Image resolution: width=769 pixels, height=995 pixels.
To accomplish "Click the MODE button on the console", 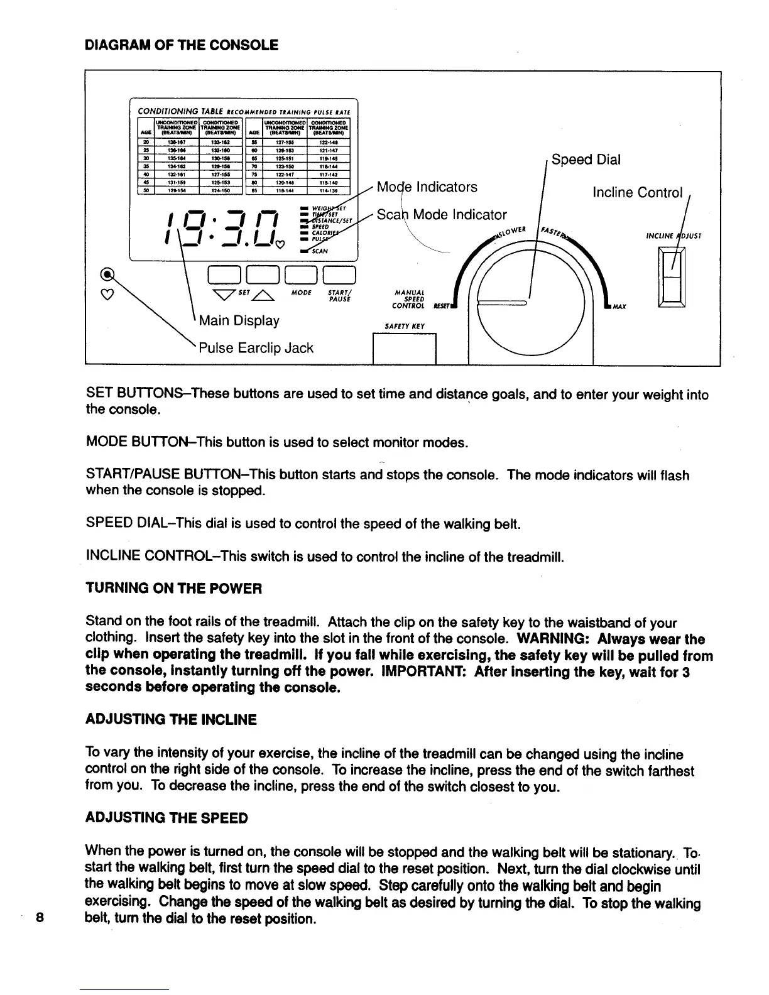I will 303,275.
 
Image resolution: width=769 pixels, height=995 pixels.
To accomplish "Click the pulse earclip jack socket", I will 109,274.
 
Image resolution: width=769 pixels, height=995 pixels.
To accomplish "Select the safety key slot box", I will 405,349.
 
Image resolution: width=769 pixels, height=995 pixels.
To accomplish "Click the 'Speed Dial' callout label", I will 586,160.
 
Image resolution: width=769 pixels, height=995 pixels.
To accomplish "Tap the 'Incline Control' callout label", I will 637,192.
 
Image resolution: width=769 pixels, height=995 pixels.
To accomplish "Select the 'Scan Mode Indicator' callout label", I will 441,215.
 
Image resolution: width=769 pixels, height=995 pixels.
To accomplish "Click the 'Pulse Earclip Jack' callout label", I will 256,348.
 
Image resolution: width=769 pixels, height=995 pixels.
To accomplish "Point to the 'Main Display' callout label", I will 239,320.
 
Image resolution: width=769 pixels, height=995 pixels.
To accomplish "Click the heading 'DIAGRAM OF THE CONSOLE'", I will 182,45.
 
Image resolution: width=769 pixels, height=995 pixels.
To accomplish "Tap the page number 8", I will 39,916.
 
